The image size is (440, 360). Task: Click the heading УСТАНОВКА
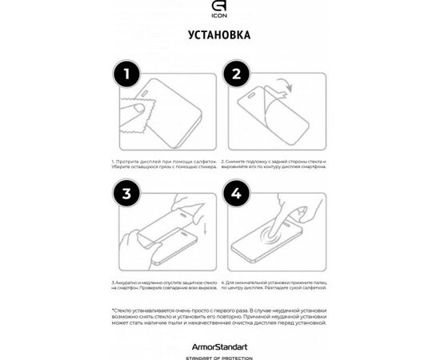pos(219,36)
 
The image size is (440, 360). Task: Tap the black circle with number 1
pos(127,77)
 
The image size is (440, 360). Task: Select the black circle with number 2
pos(236,77)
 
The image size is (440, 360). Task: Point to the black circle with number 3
pos(127,194)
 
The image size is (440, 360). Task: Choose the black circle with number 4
pos(236,194)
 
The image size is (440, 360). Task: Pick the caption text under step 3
pos(164,286)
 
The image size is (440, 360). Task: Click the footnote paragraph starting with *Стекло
pos(219,318)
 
